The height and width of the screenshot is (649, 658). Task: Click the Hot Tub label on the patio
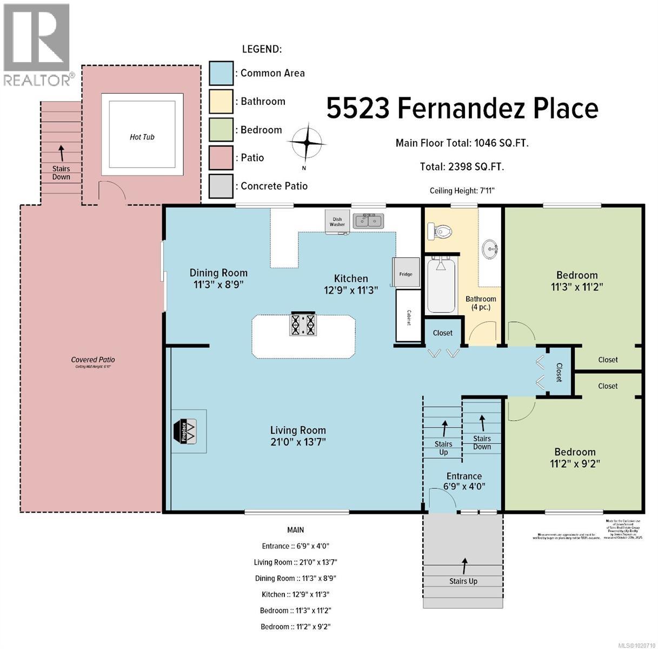click(142, 137)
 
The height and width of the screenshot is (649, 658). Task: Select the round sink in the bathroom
click(491, 250)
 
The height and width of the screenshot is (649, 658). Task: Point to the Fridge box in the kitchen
click(406, 274)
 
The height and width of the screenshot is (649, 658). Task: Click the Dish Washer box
click(337, 221)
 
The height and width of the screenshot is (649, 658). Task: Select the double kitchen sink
click(368, 221)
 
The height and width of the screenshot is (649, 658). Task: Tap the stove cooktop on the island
click(303, 325)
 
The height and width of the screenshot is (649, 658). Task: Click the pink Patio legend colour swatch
click(221, 158)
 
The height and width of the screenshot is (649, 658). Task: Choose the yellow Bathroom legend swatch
click(221, 102)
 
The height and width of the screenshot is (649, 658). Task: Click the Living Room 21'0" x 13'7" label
click(298, 436)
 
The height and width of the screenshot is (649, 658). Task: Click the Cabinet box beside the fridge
click(408, 315)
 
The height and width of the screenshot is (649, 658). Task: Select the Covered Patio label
click(93, 360)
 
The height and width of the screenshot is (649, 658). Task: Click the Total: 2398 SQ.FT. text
click(462, 167)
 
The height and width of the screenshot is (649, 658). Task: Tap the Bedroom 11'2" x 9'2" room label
click(575, 458)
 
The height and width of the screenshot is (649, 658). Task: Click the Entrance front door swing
click(436, 498)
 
